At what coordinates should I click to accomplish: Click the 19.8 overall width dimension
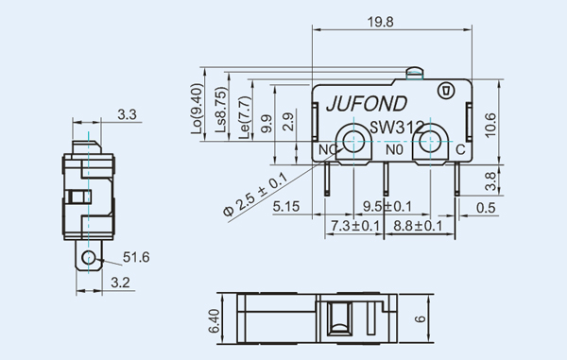[381, 22]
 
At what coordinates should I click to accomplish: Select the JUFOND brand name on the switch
[367, 104]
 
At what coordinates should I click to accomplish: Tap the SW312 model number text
[396, 127]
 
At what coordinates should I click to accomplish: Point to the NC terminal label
[328, 149]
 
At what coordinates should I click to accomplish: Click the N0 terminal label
[394, 149]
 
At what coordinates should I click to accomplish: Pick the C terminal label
[460, 149]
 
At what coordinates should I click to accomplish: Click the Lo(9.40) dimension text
[197, 109]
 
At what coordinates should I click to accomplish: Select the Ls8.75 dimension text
[221, 110]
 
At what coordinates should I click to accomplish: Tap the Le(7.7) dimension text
[245, 117]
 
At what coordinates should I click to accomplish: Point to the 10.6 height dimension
[490, 125]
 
